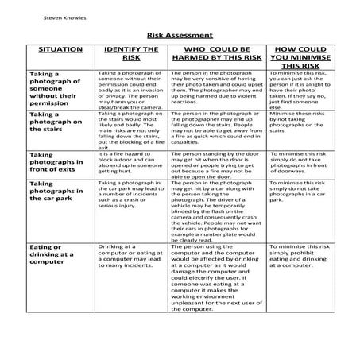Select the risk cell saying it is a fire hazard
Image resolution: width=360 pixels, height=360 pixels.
point(130,161)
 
